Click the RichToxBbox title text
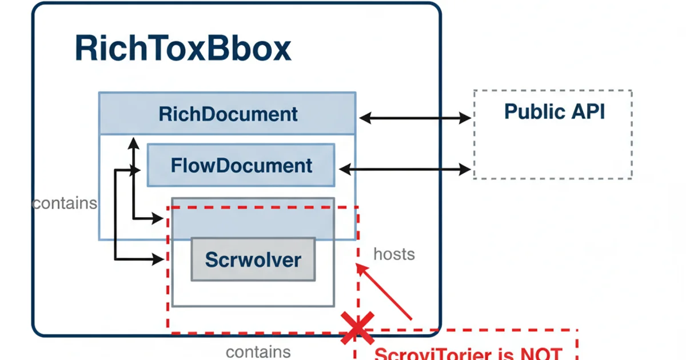point(183,49)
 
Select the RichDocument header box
point(228,114)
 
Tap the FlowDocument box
point(241,166)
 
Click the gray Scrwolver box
point(253,259)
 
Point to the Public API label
point(554,111)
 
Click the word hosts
point(394,254)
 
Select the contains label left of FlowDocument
point(65,203)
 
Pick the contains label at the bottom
point(258,352)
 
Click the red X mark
point(357,328)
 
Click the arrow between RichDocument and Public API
point(415,118)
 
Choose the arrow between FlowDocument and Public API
point(405,169)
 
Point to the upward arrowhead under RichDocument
point(133,141)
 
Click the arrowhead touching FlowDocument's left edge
point(136,170)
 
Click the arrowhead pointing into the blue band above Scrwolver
point(158,218)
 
